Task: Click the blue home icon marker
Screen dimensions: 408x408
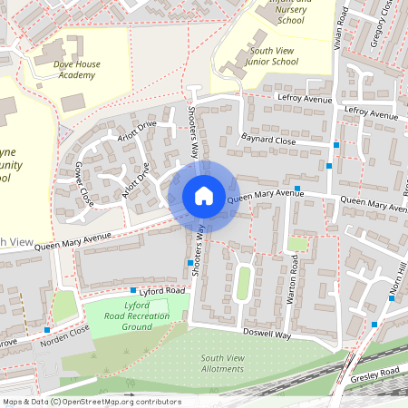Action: pos(203,196)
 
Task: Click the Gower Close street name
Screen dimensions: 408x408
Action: pos(83,184)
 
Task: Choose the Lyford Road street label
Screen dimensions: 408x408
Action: pos(163,290)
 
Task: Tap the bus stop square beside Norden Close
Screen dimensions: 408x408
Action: pos(46,330)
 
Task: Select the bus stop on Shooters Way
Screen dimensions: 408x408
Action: pos(190,263)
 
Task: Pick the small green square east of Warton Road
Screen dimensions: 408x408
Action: pos(297,243)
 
